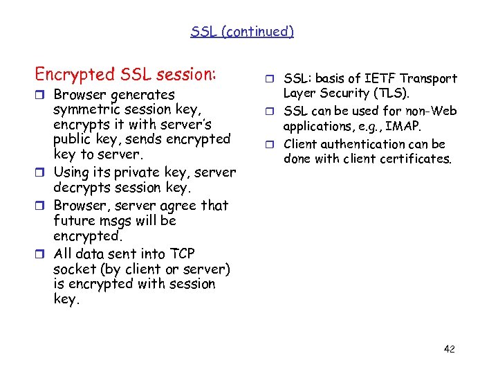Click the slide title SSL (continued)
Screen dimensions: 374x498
[242, 31]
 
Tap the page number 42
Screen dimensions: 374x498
[449, 349]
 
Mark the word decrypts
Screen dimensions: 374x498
[84, 188]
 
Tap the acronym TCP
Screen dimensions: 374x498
[183, 253]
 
